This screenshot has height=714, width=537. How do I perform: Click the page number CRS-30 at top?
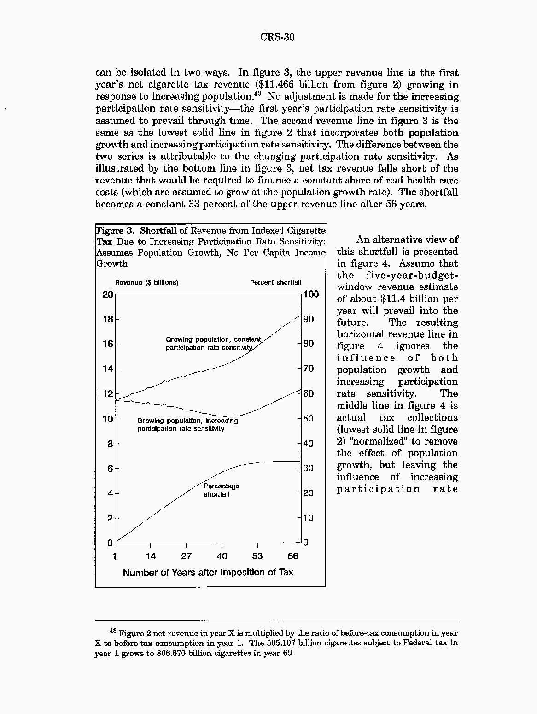[277, 37]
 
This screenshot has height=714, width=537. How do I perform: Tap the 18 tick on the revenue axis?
[108, 319]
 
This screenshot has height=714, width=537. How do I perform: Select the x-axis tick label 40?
[222, 556]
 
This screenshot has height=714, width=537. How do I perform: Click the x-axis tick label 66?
[293, 556]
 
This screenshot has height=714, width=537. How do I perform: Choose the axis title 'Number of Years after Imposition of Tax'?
[208, 573]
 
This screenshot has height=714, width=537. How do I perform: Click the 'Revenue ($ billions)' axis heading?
[146, 282]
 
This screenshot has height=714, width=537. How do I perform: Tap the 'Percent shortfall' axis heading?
[275, 282]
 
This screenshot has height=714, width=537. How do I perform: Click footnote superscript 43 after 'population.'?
[258, 94]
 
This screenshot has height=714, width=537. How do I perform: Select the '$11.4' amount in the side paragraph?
[397, 299]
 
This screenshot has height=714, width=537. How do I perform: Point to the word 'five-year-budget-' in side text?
[412, 275]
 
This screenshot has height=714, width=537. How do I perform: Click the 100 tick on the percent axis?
[311, 294]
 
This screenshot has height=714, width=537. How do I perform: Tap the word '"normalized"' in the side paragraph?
[380, 441]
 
